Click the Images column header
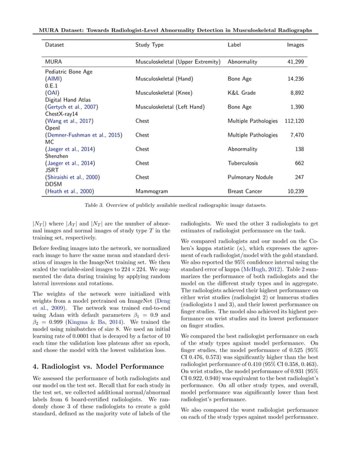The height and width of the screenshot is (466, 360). click(x=295, y=44)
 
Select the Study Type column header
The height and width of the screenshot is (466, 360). click(x=150, y=44)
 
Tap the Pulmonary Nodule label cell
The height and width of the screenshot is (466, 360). click(x=250, y=177)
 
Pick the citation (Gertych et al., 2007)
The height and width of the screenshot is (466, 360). click(x=71, y=107)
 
